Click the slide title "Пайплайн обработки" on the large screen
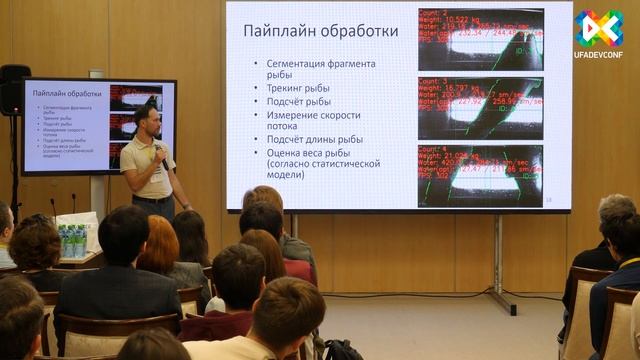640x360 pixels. point(320,31)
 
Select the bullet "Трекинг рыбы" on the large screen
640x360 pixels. point(297,88)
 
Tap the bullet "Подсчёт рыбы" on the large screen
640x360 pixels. point(299,101)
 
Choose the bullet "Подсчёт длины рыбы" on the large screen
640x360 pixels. point(314,139)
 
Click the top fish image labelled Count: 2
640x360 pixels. point(480,39)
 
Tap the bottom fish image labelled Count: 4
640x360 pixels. point(480,175)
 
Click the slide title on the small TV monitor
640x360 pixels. point(63,92)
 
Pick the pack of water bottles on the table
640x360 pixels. point(72,241)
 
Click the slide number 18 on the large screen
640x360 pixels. point(548,201)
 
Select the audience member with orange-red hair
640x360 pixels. point(158,245)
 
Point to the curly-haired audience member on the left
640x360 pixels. point(35,246)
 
